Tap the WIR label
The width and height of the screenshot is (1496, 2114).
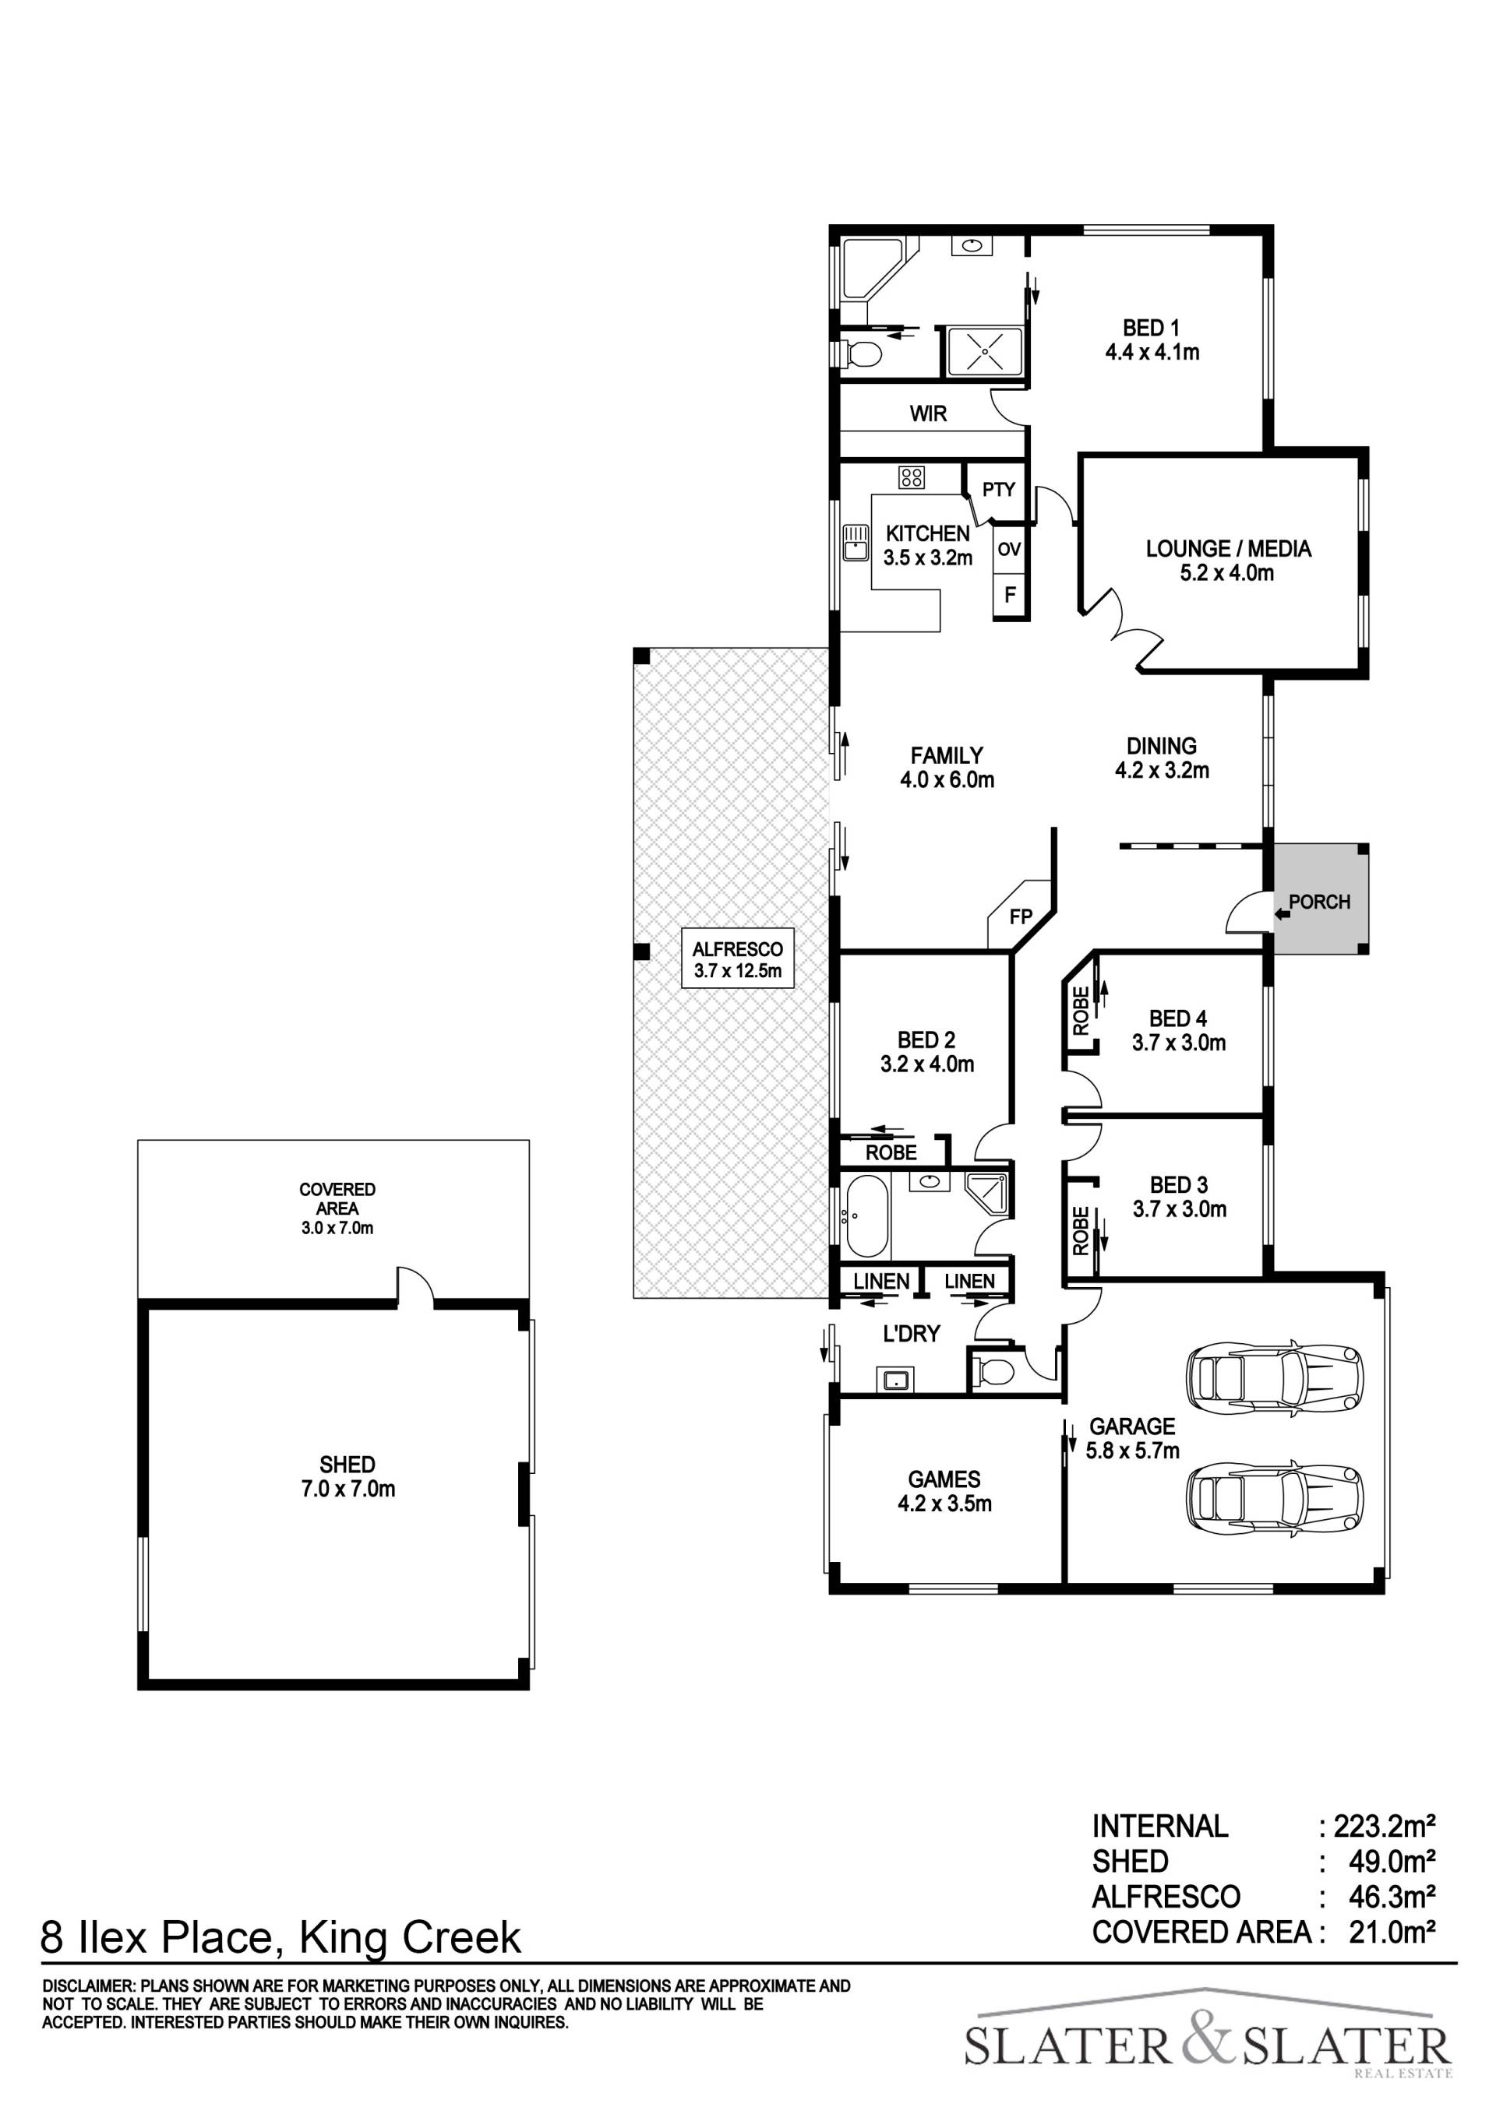point(928,414)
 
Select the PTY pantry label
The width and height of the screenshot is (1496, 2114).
point(999,490)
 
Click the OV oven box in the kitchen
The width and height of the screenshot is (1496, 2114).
point(1010,550)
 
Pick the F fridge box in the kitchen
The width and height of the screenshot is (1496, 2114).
point(1010,595)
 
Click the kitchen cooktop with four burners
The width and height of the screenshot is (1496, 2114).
point(912,477)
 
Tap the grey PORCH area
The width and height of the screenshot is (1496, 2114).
point(1319,899)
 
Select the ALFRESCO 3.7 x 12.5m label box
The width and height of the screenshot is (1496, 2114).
point(738,959)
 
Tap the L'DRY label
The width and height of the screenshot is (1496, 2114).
point(911,1333)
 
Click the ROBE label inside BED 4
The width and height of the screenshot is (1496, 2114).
point(1081,1010)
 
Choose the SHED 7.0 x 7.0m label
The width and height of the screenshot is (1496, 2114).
point(348,1476)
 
